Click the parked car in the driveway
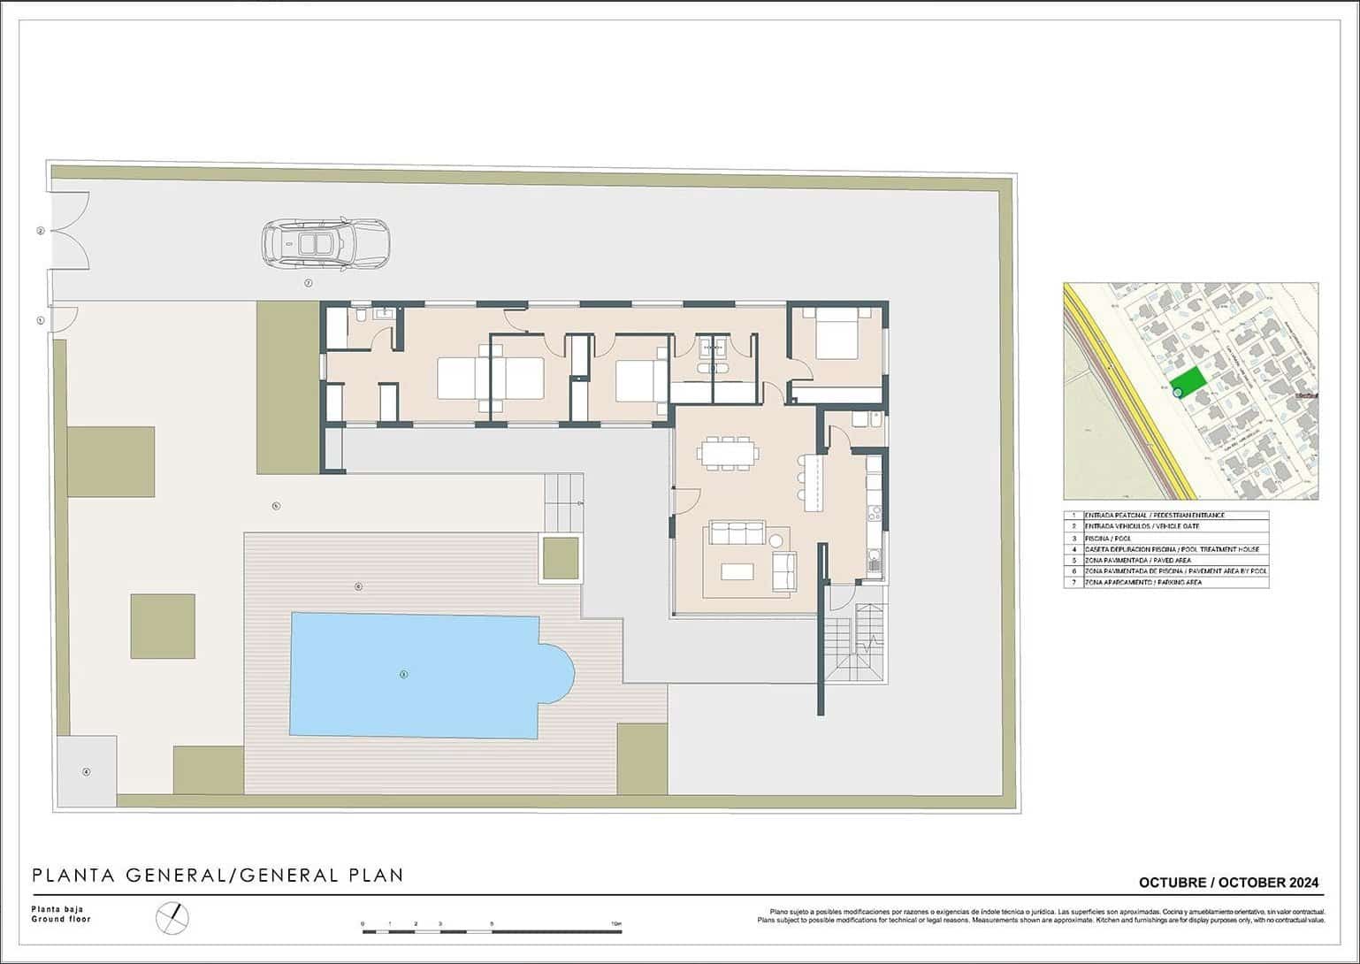point(325,242)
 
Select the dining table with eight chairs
point(727,454)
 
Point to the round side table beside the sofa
point(777,540)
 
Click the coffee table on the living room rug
point(737,572)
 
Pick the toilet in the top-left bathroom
point(360,315)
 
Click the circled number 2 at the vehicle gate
point(41,231)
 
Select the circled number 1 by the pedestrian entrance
point(41,320)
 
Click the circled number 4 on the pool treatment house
point(86,772)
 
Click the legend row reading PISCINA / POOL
point(1165,538)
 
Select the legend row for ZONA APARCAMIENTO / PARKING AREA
point(1165,583)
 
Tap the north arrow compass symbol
point(172,917)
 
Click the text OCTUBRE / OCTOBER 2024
point(1227,883)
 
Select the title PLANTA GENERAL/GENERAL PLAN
point(218,876)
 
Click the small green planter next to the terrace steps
point(561,558)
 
